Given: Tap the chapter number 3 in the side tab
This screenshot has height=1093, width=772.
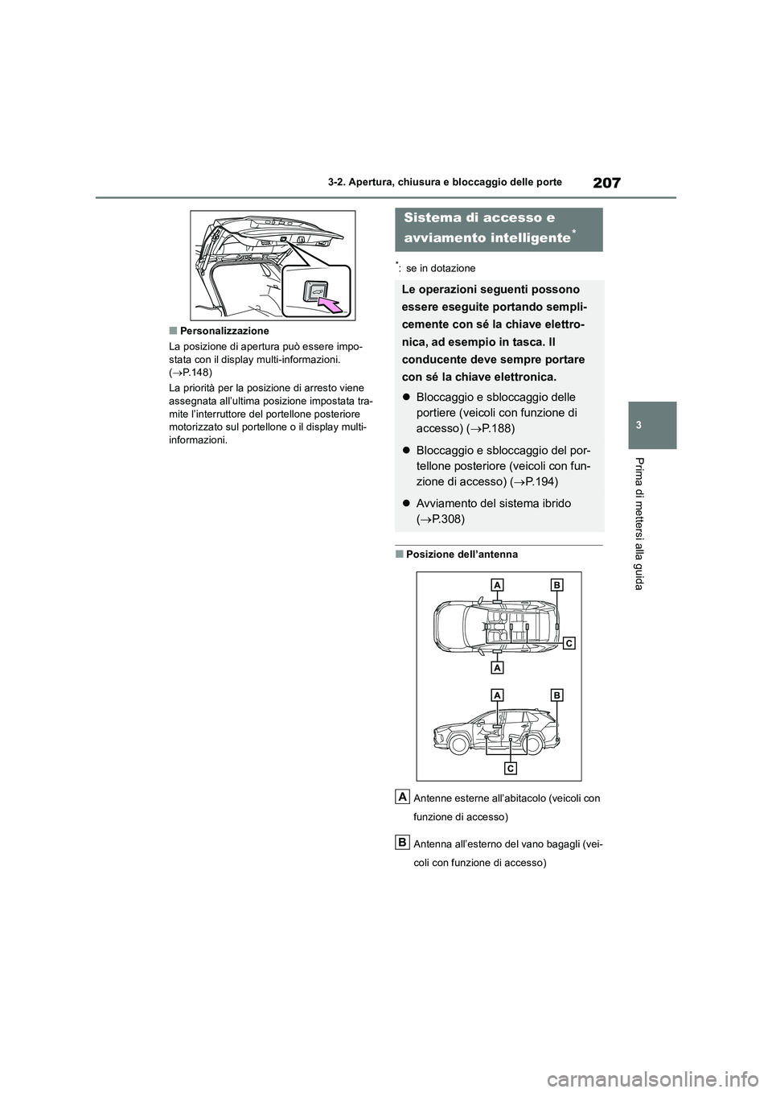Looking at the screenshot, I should [x=652, y=424].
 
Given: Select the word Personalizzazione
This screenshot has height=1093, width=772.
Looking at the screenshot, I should [x=224, y=331].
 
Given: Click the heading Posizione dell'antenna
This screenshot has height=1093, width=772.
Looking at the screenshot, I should [x=462, y=555].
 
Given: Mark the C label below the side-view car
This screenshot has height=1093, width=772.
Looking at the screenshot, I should [x=510, y=768].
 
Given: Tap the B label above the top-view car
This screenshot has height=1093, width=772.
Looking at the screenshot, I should [x=556, y=584].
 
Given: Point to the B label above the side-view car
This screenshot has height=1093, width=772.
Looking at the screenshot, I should [x=556, y=694].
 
